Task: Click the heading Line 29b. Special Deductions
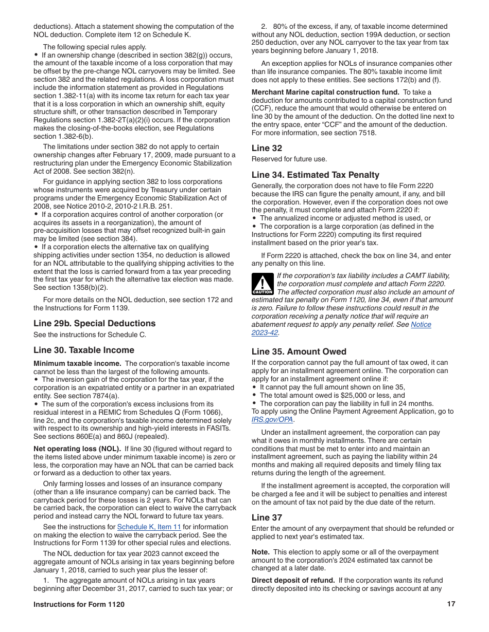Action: pyautogui.click(x=94, y=323)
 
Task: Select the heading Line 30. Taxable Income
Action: pyautogui.click(x=83, y=350)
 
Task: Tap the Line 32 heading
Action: pyautogui.click(x=267, y=148)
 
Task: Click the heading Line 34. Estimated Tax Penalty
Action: pyautogui.click(x=315, y=175)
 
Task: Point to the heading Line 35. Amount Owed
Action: pyautogui.click(x=299, y=351)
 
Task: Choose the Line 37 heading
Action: pyautogui.click(x=267, y=517)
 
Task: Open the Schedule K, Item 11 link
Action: pyautogui.click(x=149, y=527)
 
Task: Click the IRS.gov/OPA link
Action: pyautogui.click(x=272, y=419)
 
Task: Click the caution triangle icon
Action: pyautogui.click(x=262, y=283)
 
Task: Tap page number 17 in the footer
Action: pyautogui.click(x=451, y=604)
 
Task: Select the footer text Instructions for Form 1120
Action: pyautogui.click(x=79, y=604)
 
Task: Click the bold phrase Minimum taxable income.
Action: pyautogui.click(x=77, y=363)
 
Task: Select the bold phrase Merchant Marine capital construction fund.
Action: pyautogui.click(x=325, y=92)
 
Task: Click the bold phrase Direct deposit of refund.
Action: pyautogui.click(x=293, y=580)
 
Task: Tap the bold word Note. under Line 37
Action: pyautogui.click(x=260, y=552)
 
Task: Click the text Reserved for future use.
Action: pyautogui.click(x=289, y=159)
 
